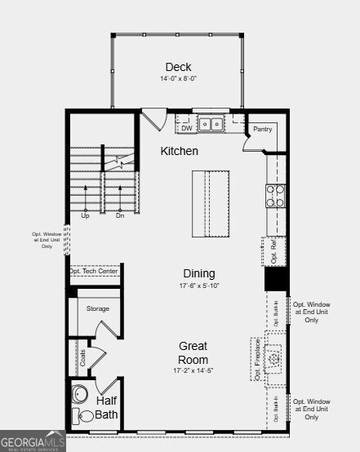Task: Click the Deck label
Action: pos(178,67)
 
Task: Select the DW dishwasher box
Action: pos(186,127)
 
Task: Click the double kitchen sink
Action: pos(211,125)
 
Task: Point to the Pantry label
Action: pos(262,129)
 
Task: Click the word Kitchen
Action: pos(179,151)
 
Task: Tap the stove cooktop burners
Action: pos(275,195)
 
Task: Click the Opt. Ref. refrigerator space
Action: pos(274,250)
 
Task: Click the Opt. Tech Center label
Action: pos(93,271)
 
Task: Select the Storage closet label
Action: pos(98,308)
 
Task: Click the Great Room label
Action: pos(193,352)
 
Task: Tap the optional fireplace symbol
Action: pos(275,360)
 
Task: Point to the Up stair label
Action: pos(85,215)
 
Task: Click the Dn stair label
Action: pos(120,215)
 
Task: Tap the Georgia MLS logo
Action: pos(33,443)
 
